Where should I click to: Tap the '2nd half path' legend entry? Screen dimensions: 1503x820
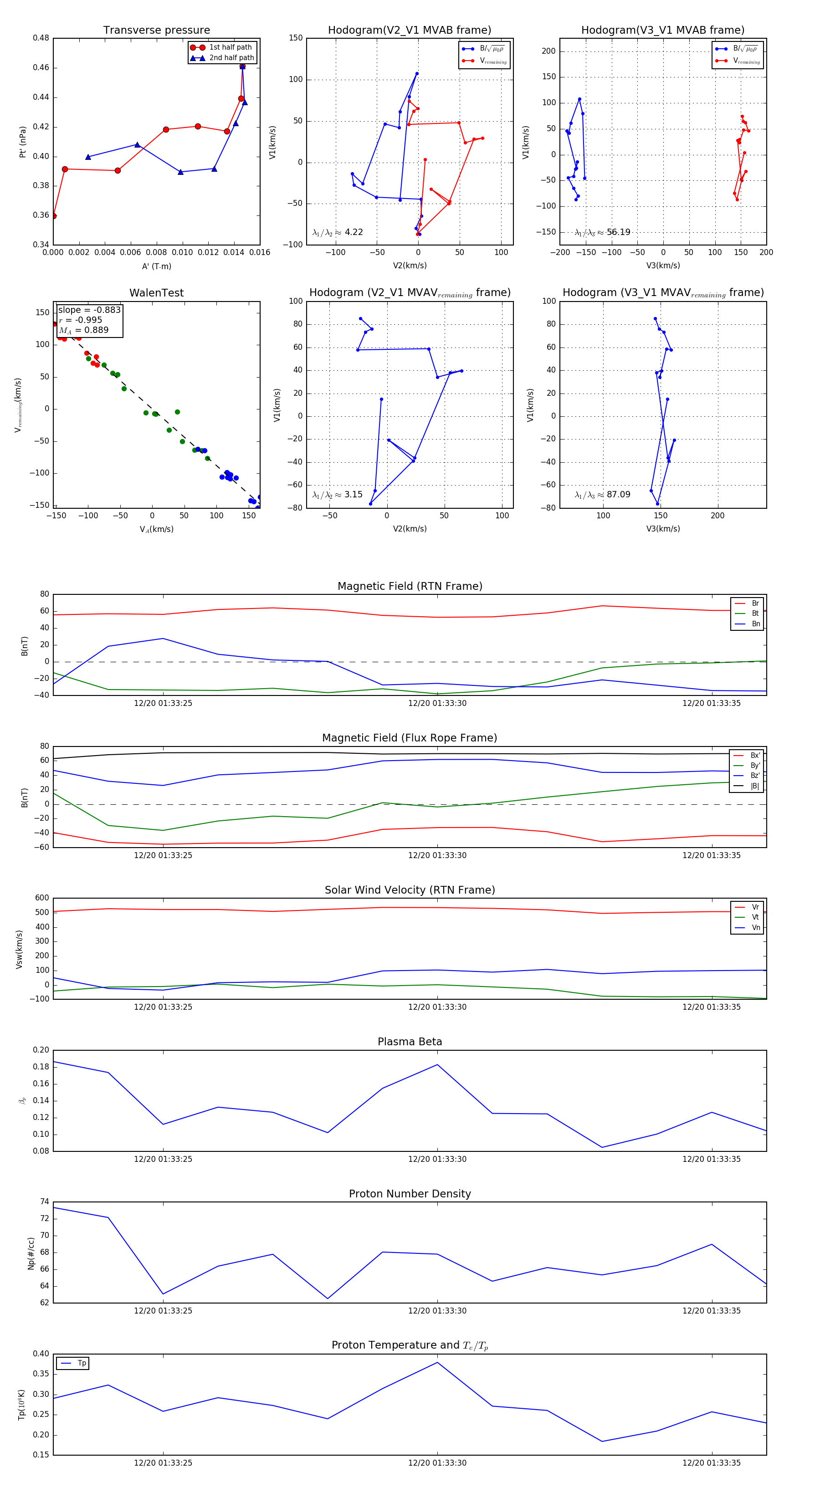tap(231, 58)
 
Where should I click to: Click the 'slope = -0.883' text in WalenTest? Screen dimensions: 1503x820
tap(89, 310)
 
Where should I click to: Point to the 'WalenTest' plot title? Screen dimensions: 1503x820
tap(156, 293)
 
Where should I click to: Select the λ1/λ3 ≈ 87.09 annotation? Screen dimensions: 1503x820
tap(602, 495)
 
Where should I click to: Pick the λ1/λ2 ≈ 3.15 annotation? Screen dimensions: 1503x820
tap(337, 495)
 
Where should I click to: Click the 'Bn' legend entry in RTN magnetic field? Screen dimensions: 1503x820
tap(755, 624)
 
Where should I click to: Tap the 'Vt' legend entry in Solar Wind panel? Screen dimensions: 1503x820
tap(755, 917)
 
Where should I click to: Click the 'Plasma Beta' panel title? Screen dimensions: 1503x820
tap(410, 1042)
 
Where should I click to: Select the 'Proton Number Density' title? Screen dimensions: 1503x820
tap(410, 1194)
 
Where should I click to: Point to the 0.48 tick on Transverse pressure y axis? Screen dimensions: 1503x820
tap(41, 38)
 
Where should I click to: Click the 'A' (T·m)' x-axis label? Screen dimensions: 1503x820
tap(156, 266)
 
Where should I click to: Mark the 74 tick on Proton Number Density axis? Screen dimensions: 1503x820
tap(44, 1202)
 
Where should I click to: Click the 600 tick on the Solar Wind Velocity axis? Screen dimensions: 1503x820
tap(42, 898)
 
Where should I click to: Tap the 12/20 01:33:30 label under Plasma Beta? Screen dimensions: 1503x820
tap(437, 1159)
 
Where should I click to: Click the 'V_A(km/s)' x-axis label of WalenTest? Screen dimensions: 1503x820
tap(156, 529)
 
